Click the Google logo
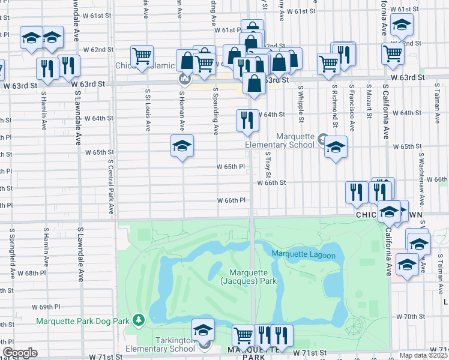click(x=20, y=353)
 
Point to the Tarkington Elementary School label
click(x=160, y=349)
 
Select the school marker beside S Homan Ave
click(x=182, y=146)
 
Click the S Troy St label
click(x=268, y=163)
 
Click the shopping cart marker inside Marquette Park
click(x=243, y=335)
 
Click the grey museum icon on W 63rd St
click(x=184, y=79)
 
